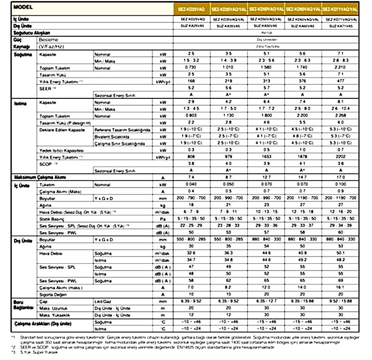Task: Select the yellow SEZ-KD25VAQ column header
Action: tap(192, 10)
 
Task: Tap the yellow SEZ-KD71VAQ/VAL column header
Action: tap(340, 10)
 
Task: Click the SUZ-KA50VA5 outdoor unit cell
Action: tap(266, 25)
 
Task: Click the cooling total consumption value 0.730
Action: tap(192, 68)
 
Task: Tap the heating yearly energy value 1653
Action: tap(266, 156)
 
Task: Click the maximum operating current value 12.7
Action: tap(266, 177)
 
